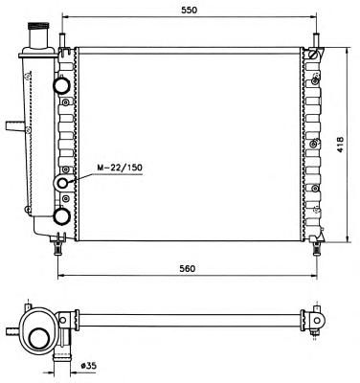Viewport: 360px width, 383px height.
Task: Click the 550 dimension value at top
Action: pyautogui.click(x=190, y=10)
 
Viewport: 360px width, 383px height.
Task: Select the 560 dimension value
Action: pyautogui.click(x=187, y=268)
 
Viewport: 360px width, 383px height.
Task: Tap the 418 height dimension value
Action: pyautogui.click(x=340, y=145)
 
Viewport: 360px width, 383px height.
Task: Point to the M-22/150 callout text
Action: pyautogui.click(x=120, y=168)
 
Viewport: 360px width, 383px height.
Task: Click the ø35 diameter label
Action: pyautogui.click(x=88, y=365)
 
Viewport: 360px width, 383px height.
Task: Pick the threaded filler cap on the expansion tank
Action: pyautogui.click(x=38, y=26)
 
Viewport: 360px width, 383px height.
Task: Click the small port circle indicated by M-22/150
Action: pyautogui.click(x=63, y=183)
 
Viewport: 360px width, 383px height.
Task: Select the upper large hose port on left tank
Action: pyautogui.click(x=61, y=85)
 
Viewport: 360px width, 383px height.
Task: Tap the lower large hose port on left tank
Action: pyautogui.click(x=61, y=216)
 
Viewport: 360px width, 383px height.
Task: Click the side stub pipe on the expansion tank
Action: pyautogui.click(x=15, y=125)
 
